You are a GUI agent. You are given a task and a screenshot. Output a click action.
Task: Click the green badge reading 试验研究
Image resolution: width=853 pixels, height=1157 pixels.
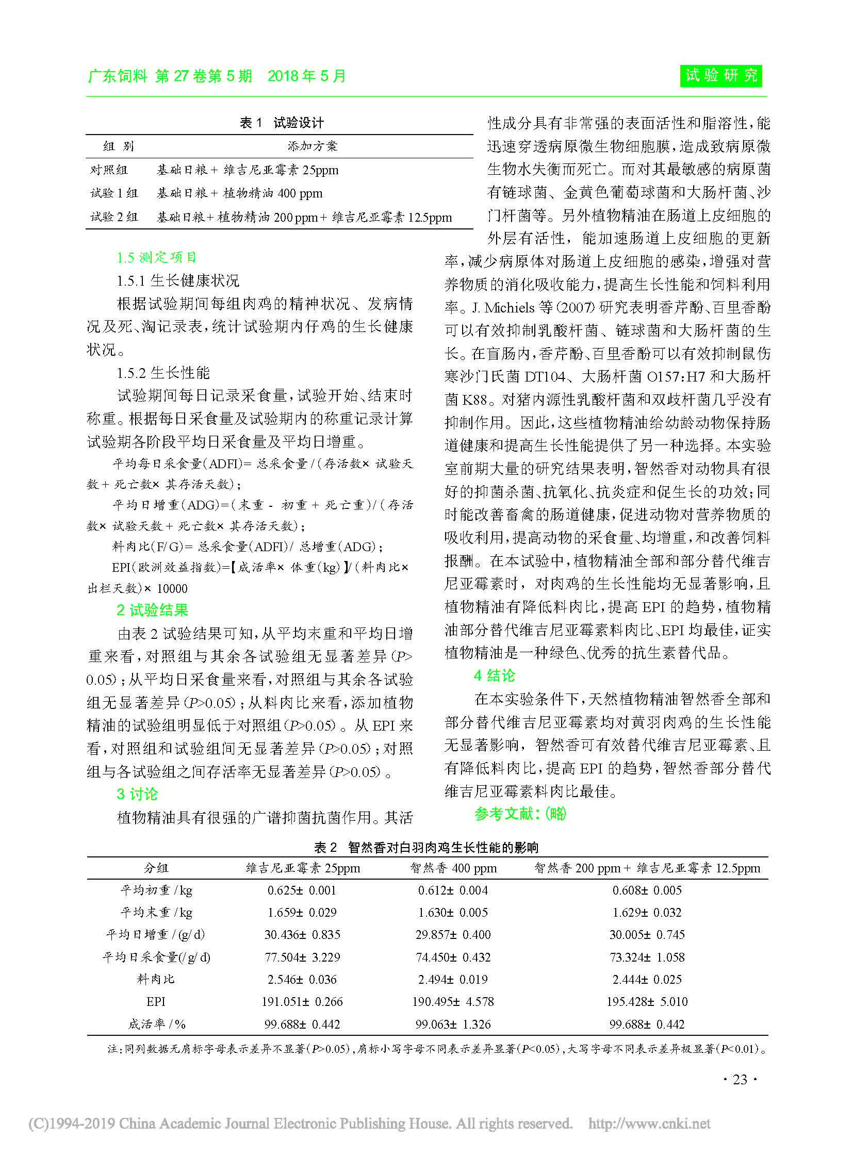(x=721, y=76)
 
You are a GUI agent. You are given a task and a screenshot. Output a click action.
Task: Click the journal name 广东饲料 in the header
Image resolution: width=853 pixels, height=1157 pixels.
(x=118, y=76)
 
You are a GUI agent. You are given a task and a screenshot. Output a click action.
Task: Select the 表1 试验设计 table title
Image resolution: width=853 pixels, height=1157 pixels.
(x=282, y=123)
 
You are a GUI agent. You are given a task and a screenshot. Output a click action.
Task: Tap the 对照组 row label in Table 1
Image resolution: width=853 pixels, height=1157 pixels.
(x=109, y=170)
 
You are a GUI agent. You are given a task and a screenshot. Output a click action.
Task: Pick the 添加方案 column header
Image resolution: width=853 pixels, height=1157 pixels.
(x=313, y=146)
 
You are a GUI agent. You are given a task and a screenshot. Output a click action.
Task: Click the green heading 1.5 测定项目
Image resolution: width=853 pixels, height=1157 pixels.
(x=156, y=257)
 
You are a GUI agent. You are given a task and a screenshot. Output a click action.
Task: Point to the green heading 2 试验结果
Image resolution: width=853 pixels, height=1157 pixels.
(x=152, y=610)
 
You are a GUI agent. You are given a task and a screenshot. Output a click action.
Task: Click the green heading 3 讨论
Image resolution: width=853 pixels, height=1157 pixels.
(x=137, y=794)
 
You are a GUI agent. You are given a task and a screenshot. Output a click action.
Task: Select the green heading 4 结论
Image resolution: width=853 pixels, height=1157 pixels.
(x=494, y=675)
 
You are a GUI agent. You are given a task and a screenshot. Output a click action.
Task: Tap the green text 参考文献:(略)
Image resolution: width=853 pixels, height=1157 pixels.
(x=520, y=814)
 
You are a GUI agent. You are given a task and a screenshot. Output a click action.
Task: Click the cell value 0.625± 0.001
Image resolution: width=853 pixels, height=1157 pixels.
(x=302, y=890)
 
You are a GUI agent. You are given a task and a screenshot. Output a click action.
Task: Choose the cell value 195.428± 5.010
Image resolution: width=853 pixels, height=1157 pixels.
(x=647, y=1002)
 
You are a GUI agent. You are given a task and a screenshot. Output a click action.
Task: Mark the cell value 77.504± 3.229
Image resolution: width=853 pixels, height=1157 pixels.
(x=302, y=957)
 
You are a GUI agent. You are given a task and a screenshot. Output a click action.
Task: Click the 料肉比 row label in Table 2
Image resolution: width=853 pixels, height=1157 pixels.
(x=155, y=980)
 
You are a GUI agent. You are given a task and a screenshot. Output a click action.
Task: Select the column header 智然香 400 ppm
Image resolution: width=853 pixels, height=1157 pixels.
(x=453, y=868)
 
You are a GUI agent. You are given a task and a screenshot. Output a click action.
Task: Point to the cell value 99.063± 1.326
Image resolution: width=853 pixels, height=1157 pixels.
(x=453, y=1024)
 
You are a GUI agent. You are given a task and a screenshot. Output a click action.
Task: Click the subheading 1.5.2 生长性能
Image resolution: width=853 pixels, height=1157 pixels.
(x=163, y=373)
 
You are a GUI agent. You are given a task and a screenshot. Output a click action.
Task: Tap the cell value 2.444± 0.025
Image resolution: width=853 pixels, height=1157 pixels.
(x=647, y=980)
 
